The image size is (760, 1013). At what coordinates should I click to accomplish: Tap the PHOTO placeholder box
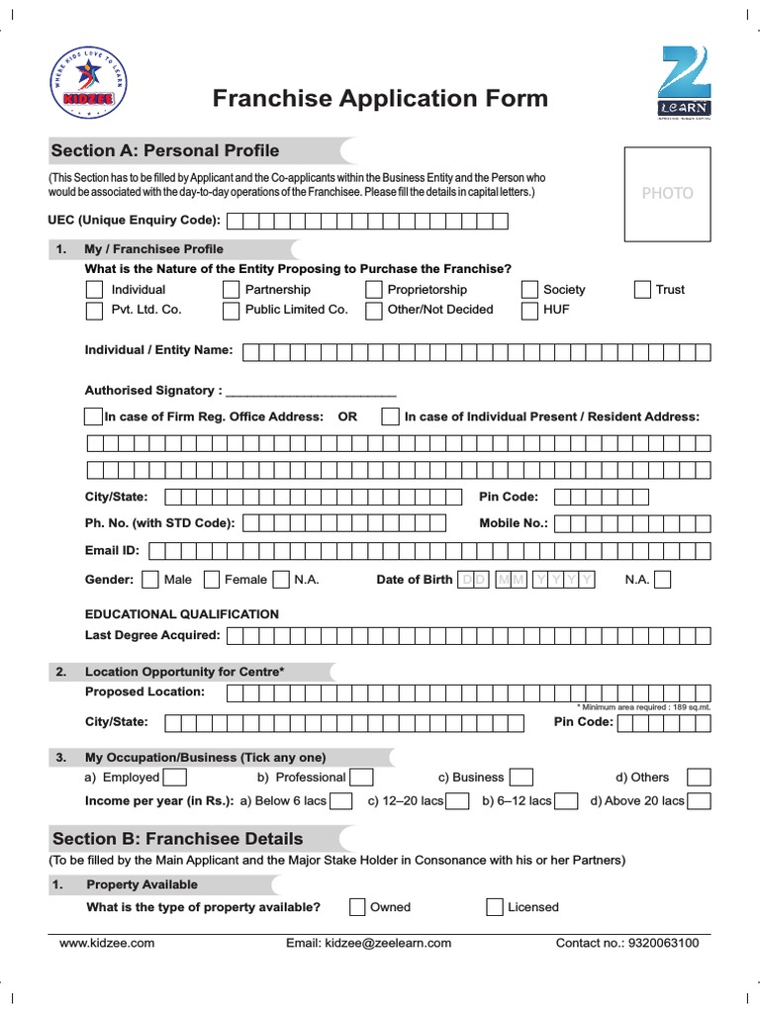tap(667, 193)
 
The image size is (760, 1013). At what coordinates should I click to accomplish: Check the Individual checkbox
tap(94, 290)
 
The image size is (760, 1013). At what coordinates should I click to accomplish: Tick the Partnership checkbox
tap(231, 290)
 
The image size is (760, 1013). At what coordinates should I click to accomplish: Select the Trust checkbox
tap(642, 290)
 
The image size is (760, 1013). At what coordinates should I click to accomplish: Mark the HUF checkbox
tap(529, 310)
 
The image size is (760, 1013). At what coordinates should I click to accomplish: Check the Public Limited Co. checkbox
tap(231, 310)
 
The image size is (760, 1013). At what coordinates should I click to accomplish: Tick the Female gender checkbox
tap(211, 580)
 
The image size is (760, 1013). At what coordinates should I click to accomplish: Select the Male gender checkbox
tap(150, 580)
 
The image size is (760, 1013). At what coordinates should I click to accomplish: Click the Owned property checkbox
tap(357, 907)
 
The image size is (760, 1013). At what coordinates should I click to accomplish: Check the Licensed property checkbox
tap(495, 907)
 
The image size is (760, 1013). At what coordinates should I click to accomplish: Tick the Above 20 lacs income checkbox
tap(699, 801)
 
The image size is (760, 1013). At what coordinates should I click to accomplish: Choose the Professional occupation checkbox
tap(361, 778)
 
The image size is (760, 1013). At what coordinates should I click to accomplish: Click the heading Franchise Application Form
tap(380, 99)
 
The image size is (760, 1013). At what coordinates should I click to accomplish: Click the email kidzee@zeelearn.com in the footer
tap(368, 944)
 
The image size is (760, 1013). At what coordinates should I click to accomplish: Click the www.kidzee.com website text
tap(107, 944)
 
